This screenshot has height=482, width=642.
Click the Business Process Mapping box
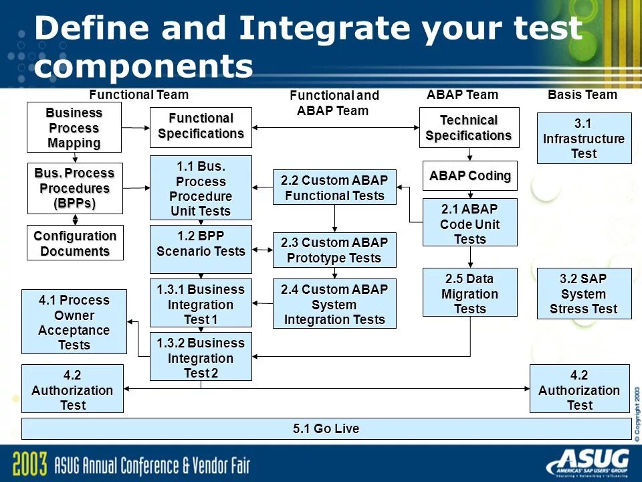click(x=74, y=127)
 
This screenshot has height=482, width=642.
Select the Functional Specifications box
click(x=201, y=127)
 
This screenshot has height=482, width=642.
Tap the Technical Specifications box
click(x=469, y=127)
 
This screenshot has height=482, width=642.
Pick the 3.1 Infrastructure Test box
click(x=584, y=138)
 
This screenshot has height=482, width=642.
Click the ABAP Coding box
click(x=469, y=176)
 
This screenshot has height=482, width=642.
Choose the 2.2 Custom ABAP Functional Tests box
click(x=334, y=188)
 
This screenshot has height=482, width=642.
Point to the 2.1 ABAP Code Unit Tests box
click(x=469, y=222)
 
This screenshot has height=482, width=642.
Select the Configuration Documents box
click(x=75, y=243)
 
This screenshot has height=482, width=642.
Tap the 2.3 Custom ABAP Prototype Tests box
click(x=334, y=250)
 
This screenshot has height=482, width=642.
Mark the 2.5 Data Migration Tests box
click(x=469, y=292)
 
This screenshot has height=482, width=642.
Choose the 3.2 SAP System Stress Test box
click(x=584, y=293)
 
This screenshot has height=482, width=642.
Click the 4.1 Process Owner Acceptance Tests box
click(x=74, y=322)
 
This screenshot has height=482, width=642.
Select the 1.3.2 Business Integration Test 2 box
click(x=201, y=357)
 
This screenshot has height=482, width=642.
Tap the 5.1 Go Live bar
click(x=326, y=428)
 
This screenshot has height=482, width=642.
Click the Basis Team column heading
click(x=582, y=95)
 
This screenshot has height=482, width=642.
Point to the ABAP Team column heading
click(x=462, y=95)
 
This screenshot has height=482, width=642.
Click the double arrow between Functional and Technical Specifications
click(x=335, y=127)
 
